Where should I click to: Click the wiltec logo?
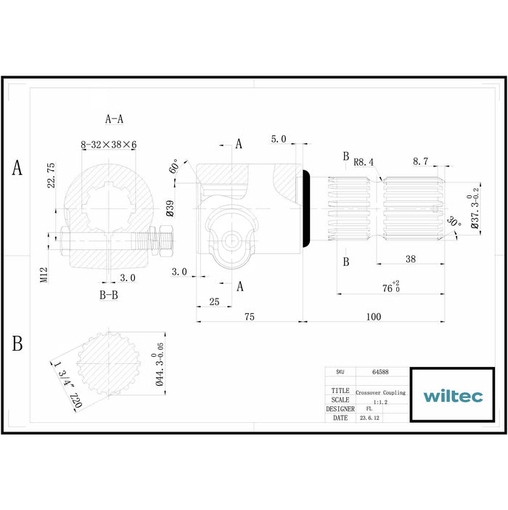[453, 396]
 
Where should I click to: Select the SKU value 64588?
[380, 371]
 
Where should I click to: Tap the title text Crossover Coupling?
[380, 392]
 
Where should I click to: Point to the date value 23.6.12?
[369, 418]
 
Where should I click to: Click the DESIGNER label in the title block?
[340, 409]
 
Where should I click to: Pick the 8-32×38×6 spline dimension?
[108, 145]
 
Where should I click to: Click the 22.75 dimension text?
[52, 175]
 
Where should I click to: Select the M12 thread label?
[44, 275]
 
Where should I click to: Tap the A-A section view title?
[115, 118]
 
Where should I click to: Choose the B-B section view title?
[108, 295]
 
